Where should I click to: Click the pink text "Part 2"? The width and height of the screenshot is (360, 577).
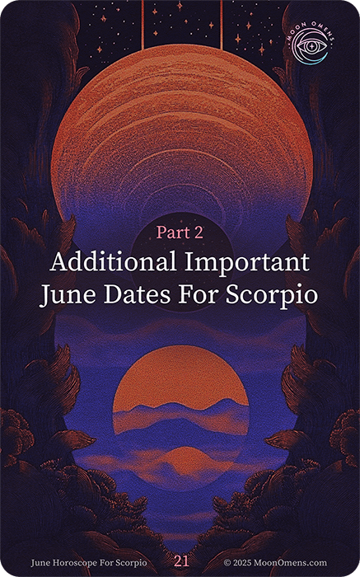coord(180,232)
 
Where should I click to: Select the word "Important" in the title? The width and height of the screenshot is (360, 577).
coord(247,263)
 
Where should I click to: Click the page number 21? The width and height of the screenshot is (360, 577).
coord(182,561)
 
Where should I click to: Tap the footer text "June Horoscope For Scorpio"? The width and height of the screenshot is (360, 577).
coord(89,563)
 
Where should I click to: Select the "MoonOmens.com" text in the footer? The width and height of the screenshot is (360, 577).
coord(290,563)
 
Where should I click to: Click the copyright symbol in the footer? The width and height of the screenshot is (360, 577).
coord(227,563)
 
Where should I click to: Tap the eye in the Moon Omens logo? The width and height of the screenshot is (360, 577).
coord(311,46)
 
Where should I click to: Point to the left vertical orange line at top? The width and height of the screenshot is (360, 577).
coord(143,24)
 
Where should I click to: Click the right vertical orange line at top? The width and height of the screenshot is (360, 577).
coord(222,24)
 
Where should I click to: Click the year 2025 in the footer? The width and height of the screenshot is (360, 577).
coord(241,563)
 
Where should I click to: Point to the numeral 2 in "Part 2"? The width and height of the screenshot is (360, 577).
coord(198,232)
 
